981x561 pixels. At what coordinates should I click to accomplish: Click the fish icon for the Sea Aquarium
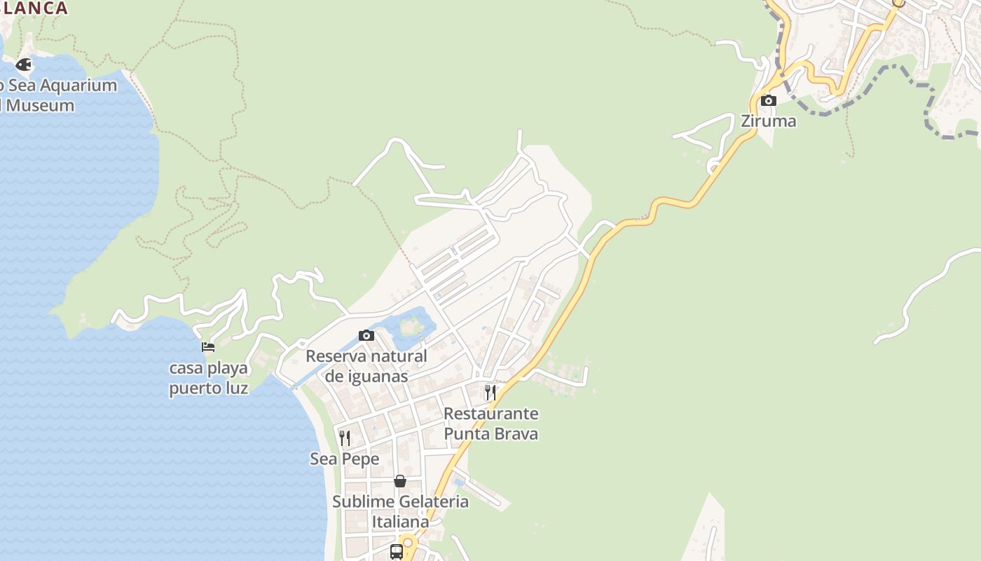[x=24, y=65]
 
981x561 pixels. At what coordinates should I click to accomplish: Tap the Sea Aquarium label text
[x=59, y=95]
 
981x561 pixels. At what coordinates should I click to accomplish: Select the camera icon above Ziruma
[x=769, y=100]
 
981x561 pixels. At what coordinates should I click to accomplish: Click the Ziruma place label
[x=769, y=121]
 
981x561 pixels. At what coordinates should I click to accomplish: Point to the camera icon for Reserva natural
[x=366, y=335]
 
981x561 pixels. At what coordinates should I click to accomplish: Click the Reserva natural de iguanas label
[x=366, y=366]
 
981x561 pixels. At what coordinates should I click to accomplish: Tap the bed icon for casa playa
[x=208, y=346]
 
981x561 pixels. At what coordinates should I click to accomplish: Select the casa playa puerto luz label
[x=209, y=378]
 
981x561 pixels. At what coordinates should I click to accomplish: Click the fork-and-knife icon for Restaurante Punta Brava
[x=490, y=392]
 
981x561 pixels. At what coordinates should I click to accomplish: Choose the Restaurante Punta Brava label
[x=490, y=424]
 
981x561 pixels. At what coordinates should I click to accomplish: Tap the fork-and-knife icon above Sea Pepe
[x=345, y=438]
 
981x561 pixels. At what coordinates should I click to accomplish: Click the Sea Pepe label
[x=345, y=459]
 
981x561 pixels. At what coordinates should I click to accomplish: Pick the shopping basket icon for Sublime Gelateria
[x=400, y=481]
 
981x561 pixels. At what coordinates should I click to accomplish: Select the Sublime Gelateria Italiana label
[x=400, y=512]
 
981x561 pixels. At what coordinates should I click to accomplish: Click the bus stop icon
[x=397, y=551]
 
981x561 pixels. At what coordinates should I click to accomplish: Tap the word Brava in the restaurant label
[x=514, y=434]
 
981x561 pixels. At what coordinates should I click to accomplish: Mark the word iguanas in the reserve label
[x=378, y=377]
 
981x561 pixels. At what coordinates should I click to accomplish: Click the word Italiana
[x=400, y=522]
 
